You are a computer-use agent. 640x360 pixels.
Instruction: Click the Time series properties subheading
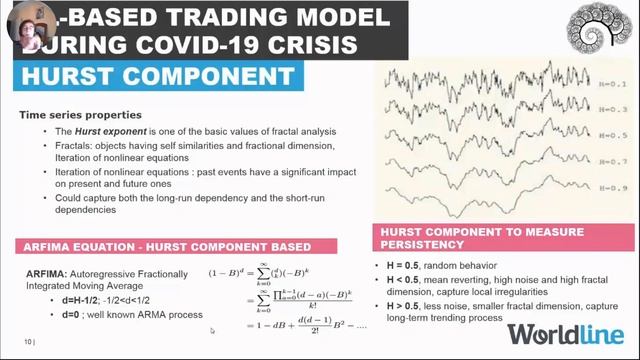(x=80, y=116)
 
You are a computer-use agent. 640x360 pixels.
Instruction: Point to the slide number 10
(x=26, y=342)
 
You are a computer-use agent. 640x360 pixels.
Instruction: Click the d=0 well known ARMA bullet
(x=125, y=315)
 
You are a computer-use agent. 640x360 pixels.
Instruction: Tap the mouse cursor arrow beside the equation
(x=212, y=330)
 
